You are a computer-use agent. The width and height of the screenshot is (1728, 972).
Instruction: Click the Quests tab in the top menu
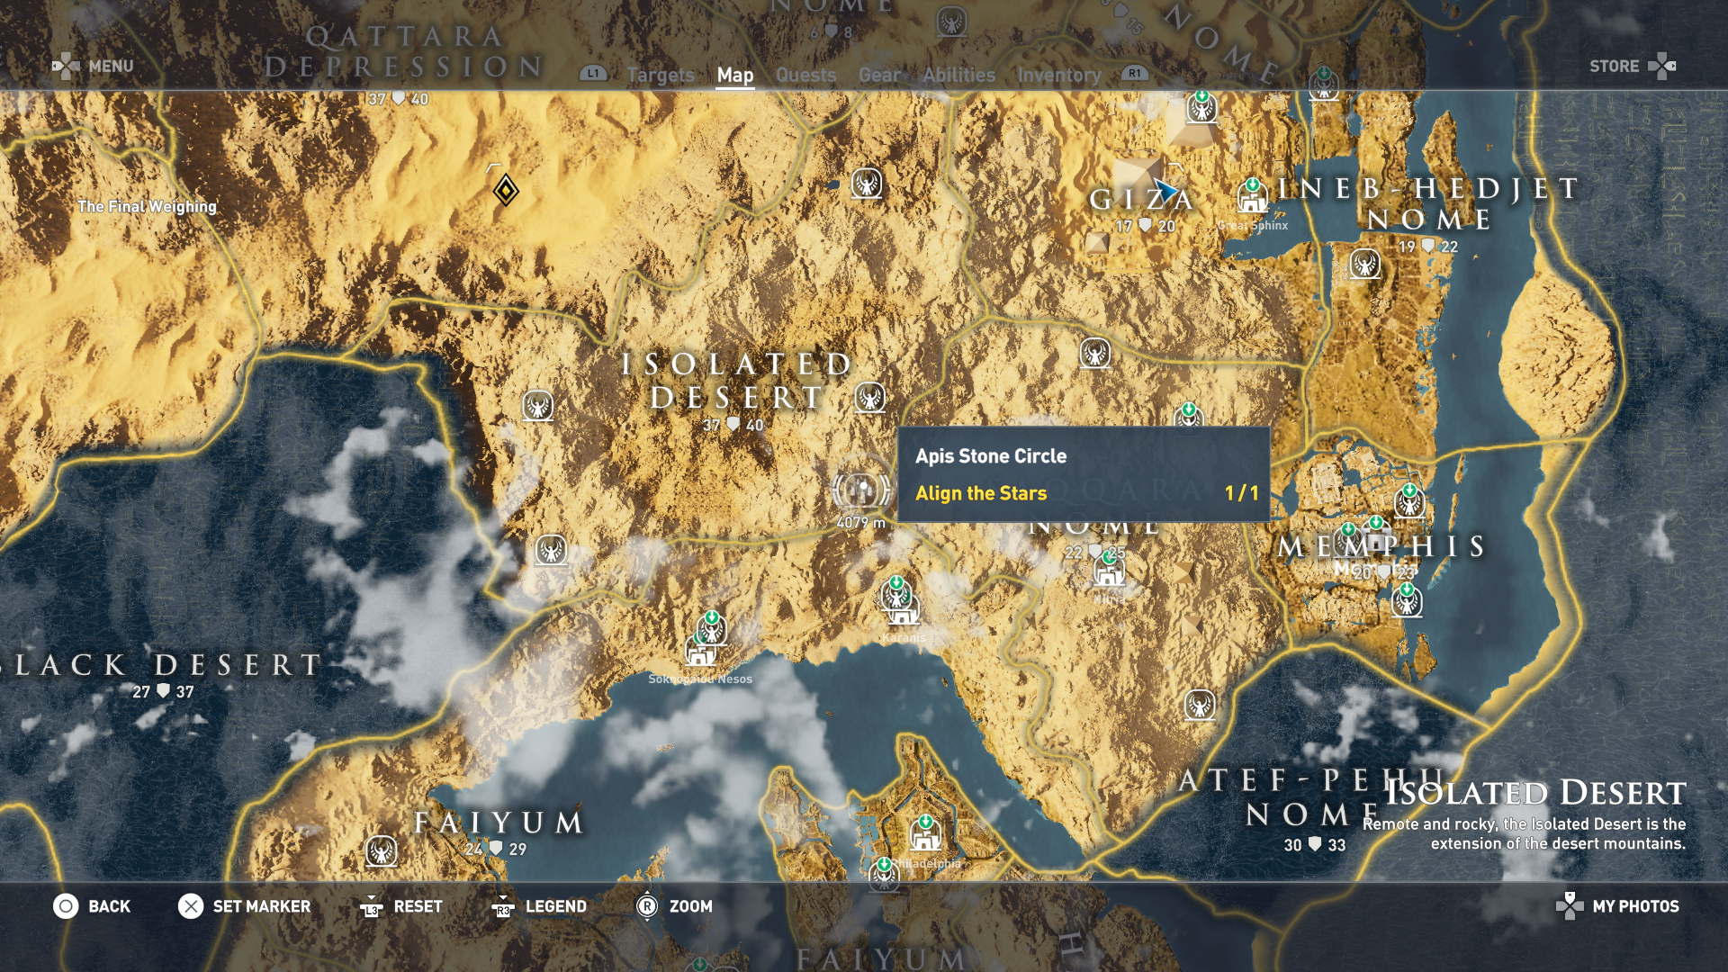[805, 76]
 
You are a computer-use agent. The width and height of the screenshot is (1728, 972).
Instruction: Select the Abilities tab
[958, 76]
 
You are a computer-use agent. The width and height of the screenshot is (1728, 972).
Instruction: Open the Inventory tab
[1059, 76]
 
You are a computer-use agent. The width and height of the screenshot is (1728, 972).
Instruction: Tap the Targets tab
[661, 76]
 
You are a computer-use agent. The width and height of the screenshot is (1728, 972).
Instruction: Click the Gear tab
[879, 76]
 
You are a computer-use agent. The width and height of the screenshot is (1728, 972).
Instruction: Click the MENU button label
[111, 67]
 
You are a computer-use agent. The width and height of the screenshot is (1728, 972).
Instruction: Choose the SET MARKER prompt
[261, 906]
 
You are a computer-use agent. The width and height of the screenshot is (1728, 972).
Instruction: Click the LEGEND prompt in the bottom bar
[555, 906]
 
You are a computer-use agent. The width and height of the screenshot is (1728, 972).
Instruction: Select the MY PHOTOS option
[1635, 906]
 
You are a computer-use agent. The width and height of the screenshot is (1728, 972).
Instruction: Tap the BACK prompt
[109, 906]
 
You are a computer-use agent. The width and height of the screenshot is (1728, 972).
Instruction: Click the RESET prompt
[418, 906]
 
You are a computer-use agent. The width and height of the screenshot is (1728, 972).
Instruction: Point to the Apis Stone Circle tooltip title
[991, 456]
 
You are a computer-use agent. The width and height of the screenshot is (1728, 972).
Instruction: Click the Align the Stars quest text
[981, 493]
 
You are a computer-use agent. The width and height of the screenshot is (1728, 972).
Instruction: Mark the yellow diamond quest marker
[506, 191]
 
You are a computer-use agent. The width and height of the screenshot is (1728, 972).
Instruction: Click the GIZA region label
[1140, 200]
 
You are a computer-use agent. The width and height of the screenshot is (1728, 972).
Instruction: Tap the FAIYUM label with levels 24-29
[499, 823]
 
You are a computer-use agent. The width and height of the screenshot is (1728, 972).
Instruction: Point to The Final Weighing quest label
[147, 206]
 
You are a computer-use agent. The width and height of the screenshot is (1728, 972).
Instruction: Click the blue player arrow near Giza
[1165, 191]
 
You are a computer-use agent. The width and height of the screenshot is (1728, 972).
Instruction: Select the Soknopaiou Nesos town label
[700, 679]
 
